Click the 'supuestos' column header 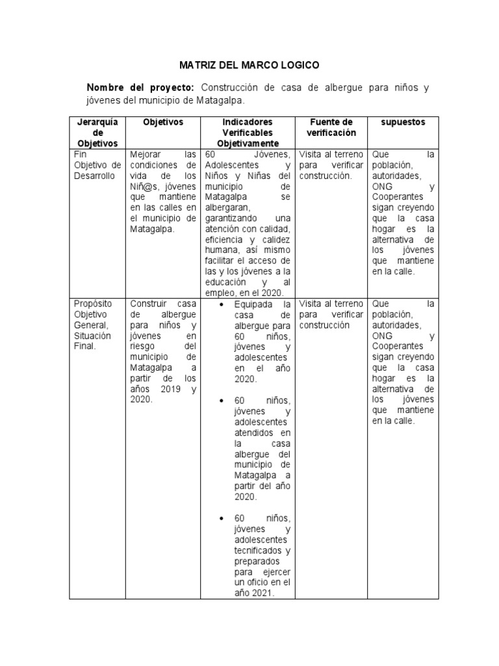pyautogui.click(x=403, y=122)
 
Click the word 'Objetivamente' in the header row pyautogui.click(x=248, y=143)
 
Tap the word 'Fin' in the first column pyautogui.click(x=80, y=155)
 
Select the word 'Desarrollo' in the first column pyautogui.click(x=94, y=176)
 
